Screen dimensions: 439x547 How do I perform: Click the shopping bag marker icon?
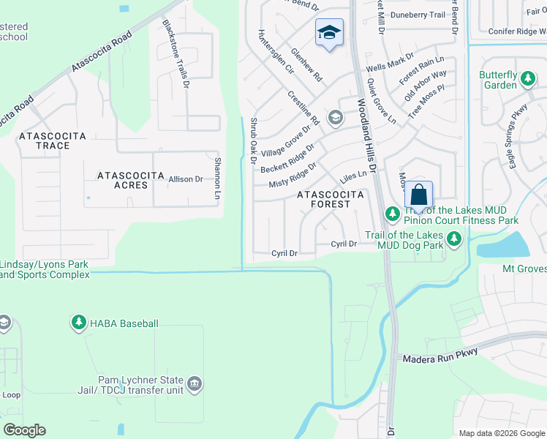click(x=418, y=195)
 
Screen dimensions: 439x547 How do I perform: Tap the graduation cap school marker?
click(x=329, y=32)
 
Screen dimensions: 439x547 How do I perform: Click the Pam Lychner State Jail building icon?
click(x=195, y=383)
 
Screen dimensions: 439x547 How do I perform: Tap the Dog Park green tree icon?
click(x=454, y=239)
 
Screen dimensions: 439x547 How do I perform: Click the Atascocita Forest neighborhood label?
click(x=330, y=199)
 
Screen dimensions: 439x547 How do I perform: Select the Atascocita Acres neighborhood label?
click(x=123, y=180)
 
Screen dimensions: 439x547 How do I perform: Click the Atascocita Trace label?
click(x=53, y=140)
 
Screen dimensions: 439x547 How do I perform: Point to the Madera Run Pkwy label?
click(x=440, y=353)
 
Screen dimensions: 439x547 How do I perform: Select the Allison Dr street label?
click(x=186, y=179)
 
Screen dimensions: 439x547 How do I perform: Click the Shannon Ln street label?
click(x=217, y=180)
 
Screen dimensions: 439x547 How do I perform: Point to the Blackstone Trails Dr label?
click(x=176, y=54)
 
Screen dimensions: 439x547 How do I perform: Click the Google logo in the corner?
click(x=24, y=430)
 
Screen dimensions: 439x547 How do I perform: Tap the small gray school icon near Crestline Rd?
click(x=335, y=117)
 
